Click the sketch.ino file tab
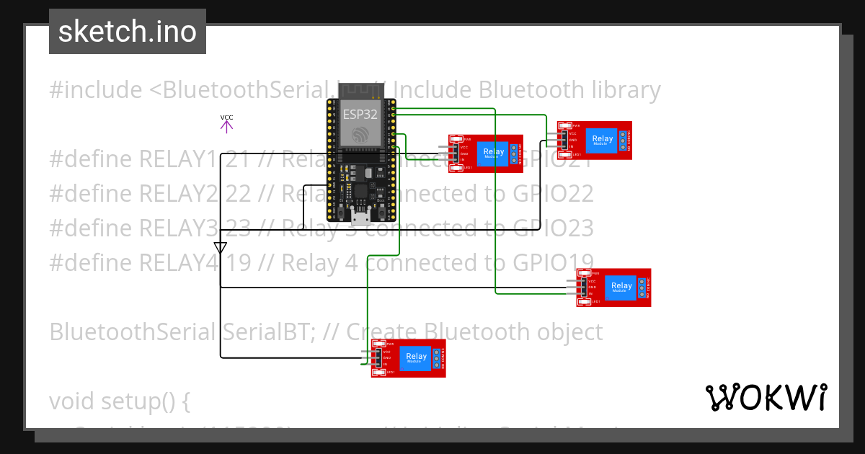pos(127,32)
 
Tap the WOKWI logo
pos(766,397)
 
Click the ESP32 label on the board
pos(360,114)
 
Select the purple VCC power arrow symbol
pos(226,126)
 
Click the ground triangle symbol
pos(221,248)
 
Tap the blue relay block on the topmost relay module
pos(602,139)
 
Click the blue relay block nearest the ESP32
pos(494,153)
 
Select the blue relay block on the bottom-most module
pos(417,357)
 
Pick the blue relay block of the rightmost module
pos(621,287)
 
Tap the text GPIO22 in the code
pos(553,193)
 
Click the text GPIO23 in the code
pos(553,228)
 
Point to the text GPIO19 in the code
pos(553,262)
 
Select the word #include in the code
pos(96,90)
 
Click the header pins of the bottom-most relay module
pos(366,358)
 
